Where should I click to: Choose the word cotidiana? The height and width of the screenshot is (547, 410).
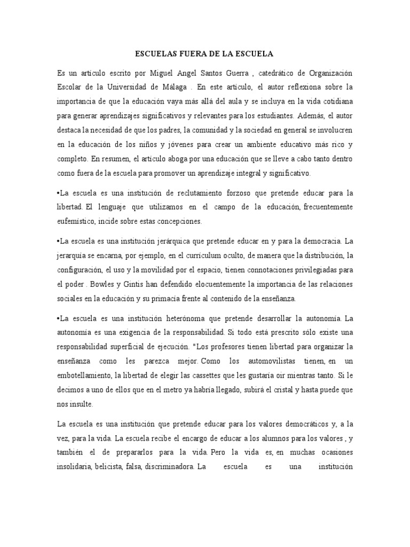(x=335, y=101)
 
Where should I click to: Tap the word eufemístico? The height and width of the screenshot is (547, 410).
(x=77, y=221)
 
